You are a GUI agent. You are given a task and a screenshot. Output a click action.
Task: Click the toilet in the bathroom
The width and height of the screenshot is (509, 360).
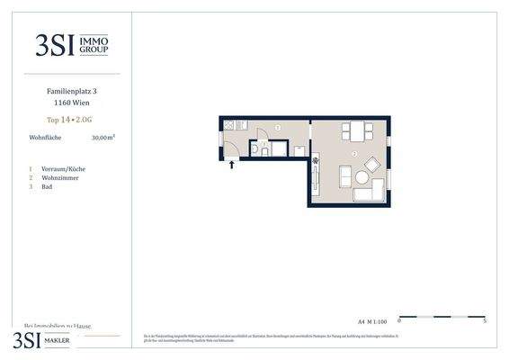pos(255,149)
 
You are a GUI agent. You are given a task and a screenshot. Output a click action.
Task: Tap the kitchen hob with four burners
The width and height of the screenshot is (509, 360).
pos(229,125)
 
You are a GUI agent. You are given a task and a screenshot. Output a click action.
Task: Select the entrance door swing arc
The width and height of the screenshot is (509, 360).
pos(231,149)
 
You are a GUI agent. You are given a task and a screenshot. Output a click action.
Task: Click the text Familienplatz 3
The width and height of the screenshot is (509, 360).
pos(71,91)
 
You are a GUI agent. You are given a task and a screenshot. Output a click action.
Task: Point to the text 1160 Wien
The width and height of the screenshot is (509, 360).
pos(71,103)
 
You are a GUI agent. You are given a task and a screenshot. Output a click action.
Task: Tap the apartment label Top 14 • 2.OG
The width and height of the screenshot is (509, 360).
pos(71,119)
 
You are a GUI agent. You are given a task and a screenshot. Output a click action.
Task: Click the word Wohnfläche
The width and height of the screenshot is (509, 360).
pos(45,138)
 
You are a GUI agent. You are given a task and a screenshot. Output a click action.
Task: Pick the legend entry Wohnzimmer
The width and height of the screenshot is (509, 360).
pos(57,177)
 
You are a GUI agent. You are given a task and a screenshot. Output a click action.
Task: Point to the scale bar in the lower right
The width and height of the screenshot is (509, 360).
pos(442,317)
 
